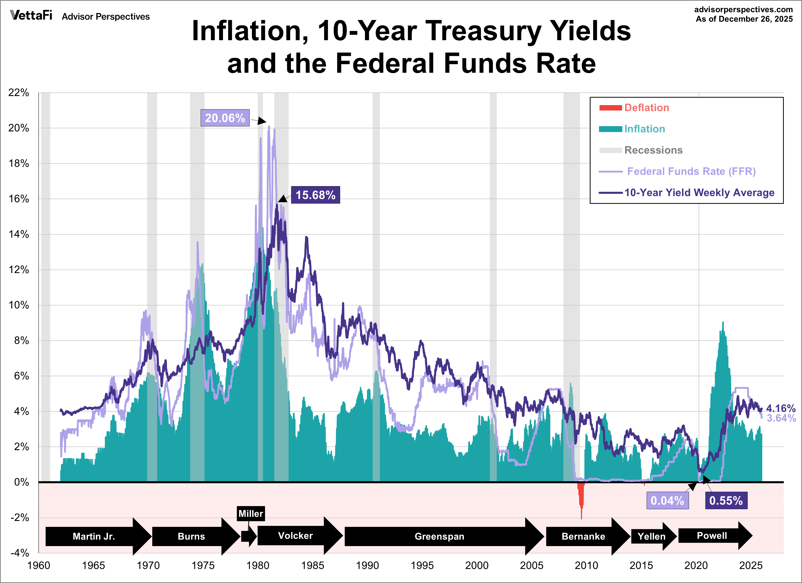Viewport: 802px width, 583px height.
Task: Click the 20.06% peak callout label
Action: pos(225,118)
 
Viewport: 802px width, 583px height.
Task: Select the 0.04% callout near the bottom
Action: pos(667,500)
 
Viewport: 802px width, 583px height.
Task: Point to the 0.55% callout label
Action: pos(726,500)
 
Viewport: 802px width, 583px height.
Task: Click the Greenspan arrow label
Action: pos(439,536)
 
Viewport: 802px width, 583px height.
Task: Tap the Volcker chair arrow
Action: pos(295,536)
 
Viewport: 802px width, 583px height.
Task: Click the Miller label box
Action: pos(251,513)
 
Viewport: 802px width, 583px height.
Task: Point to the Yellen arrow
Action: pos(651,536)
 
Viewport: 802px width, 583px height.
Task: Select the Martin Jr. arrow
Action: pos(94,536)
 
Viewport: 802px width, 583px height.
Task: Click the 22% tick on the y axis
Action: pos(19,93)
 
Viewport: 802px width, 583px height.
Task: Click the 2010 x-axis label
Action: pos(586,565)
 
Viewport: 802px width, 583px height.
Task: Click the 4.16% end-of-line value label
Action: pos(780,408)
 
